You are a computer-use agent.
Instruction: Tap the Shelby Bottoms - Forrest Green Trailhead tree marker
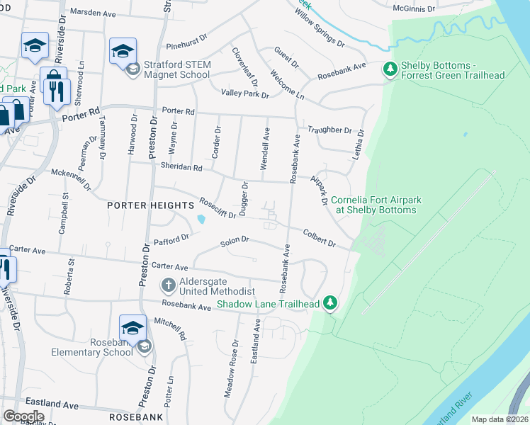pyautogui.click(x=389, y=69)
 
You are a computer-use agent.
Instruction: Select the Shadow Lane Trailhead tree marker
pyautogui.click(x=329, y=302)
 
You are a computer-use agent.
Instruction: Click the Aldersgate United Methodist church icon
pyautogui.click(x=168, y=285)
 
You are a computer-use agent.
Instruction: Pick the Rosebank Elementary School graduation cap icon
pyautogui.click(x=132, y=327)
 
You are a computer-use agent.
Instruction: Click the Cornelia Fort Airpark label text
pyautogui.click(x=376, y=205)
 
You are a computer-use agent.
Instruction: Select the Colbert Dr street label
pyautogui.click(x=319, y=237)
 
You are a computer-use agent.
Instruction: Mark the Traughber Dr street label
pyautogui.click(x=329, y=130)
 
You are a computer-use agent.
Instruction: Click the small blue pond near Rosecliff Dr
pyautogui.click(x=203, y=219)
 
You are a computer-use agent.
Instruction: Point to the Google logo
pyautogui.click(x=23, y=416)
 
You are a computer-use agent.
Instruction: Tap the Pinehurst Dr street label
pyautogui.click(x=186, y=45)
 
